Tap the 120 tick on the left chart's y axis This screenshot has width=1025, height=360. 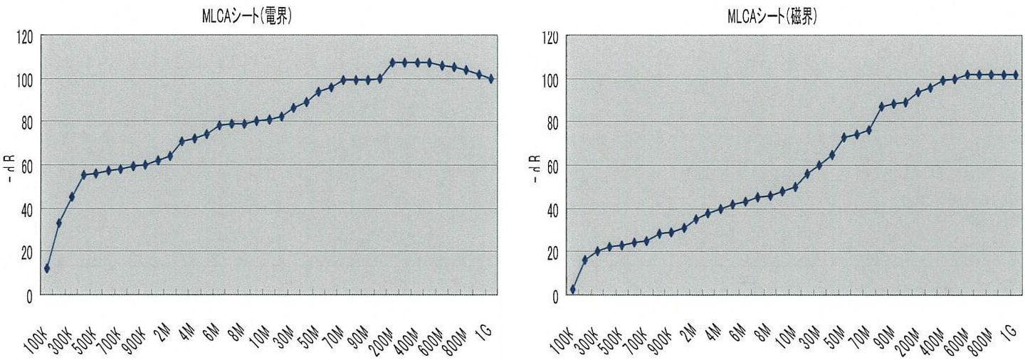(25, 36)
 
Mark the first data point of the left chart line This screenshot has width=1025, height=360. (47, 268)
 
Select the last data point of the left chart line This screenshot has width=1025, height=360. (491, 79)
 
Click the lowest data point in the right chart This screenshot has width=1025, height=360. (572, 290)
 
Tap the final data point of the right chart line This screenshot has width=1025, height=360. (1015, 75)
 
